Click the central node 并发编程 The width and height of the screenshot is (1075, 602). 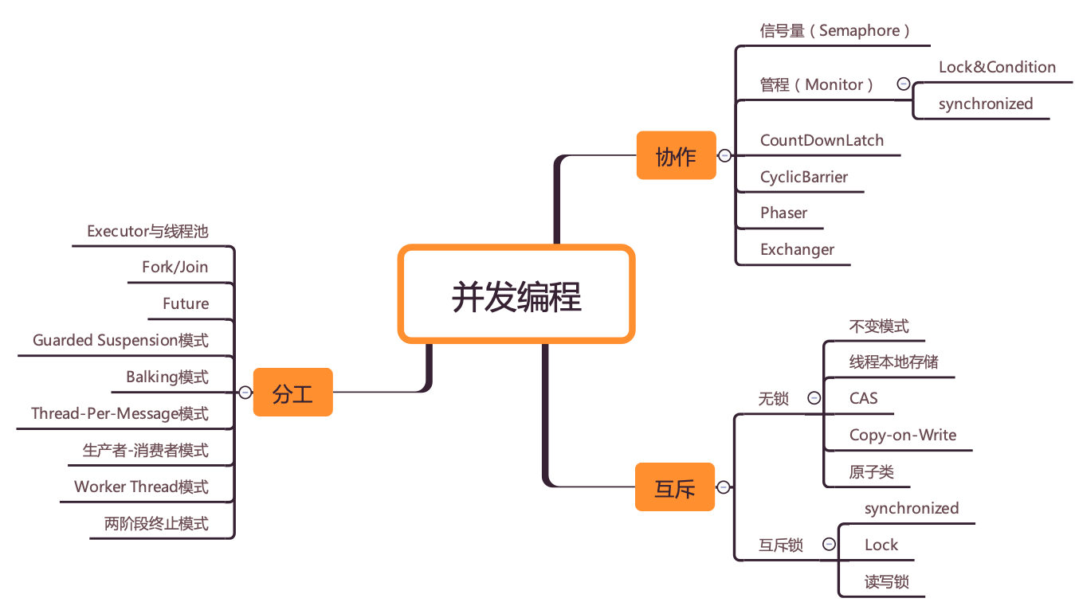[516, 295]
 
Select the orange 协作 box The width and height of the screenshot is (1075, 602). [676, 156]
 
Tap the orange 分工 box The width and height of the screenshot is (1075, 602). [292, 393]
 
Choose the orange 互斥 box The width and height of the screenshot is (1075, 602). [675, 487]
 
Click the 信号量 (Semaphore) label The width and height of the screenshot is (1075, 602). [834, 31]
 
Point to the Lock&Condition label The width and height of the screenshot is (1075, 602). [997, 68]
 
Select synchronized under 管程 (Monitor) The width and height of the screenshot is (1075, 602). [985, 104]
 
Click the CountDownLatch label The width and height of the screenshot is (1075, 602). [822, 141]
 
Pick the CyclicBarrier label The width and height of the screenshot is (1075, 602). [803, 178]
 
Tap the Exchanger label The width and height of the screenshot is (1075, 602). [797, 250]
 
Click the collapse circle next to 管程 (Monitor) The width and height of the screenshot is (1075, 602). [903, 84]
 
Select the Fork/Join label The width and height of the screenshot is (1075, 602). [175, 268]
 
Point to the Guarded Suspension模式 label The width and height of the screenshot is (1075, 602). [120, 341]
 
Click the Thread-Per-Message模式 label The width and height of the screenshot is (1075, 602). [120, 414]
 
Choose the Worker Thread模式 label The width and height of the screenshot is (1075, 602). [141, 487]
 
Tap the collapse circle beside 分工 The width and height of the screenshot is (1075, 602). [245, 393]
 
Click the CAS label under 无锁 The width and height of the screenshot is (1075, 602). [863, 398]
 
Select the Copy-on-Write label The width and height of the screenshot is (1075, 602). [902, 436]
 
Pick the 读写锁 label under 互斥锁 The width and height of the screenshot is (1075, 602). [886, 582]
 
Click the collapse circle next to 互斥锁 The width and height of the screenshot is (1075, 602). [829, 545]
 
